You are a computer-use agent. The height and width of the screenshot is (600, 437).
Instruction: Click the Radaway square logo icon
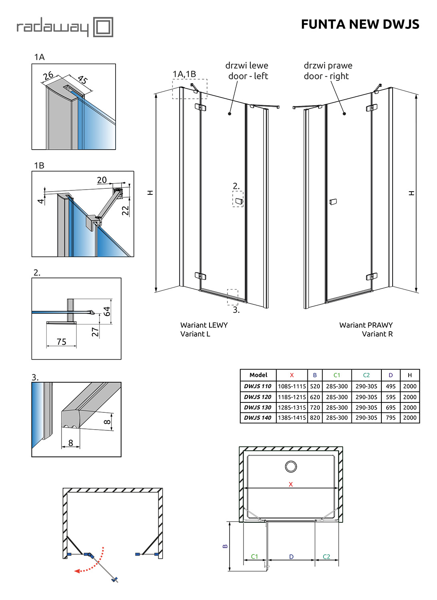pos(103,27)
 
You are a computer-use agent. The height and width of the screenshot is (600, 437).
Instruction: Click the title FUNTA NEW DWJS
pos(360,24)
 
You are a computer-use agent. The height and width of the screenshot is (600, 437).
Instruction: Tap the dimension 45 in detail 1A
pos(82,79)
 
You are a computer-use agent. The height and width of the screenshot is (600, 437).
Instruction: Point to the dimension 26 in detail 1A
pos(48,75)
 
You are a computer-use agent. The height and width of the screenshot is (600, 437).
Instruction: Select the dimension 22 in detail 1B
pos(126,210)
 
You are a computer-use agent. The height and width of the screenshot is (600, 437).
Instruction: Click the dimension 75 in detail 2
pos(61,342)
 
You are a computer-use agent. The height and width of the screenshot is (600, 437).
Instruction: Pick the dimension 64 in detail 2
pos(107,311)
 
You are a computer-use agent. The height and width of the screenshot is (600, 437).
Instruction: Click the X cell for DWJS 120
pos(292,397)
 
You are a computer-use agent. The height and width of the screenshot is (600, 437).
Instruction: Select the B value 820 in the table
pos(315,418)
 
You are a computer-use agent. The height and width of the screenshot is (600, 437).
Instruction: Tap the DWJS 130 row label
pos(258,408)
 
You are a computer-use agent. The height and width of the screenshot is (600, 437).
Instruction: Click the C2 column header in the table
pos(366,375)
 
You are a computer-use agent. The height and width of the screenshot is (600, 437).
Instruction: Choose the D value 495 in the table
pos(391,386)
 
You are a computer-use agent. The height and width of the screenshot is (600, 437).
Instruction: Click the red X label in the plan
pos(291,484)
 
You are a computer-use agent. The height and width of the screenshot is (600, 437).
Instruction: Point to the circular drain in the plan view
pos(291,466)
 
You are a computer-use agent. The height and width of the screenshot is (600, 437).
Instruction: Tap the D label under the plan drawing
pos(291,556)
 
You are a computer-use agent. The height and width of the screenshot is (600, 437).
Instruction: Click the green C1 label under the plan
pos(255,556)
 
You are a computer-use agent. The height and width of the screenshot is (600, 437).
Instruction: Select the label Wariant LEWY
pos(204,325)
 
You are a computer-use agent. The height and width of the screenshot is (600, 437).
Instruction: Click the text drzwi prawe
pos(328,66)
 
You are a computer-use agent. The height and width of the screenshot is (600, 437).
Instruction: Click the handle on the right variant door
pos(333,202)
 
